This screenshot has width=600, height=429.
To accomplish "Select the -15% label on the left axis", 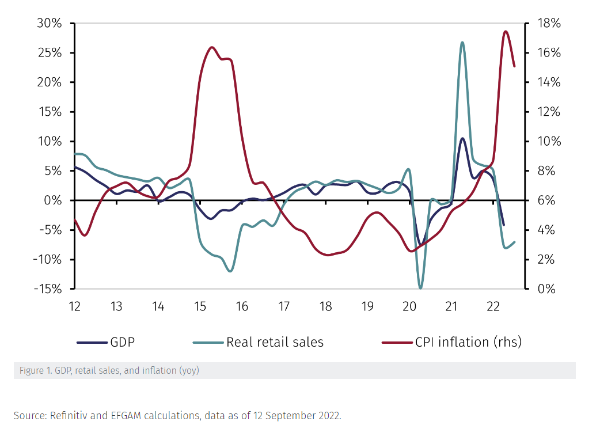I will pos(48,288).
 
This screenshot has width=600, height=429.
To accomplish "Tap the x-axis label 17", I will pos(283,306).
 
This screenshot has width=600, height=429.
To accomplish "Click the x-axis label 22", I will pos(493,306).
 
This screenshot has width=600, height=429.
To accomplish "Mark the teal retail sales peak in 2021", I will pos(462,43).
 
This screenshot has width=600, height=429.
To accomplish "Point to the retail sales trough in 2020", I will pos(420,288).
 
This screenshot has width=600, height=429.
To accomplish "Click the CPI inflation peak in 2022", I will pos(506,32).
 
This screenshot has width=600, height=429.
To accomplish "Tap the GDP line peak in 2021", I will pos(462,138).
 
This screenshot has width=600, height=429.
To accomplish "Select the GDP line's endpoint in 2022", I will pos(504,225).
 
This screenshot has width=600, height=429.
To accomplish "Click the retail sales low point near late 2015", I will pos(230,271).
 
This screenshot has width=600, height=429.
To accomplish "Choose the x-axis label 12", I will pos(74,306).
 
